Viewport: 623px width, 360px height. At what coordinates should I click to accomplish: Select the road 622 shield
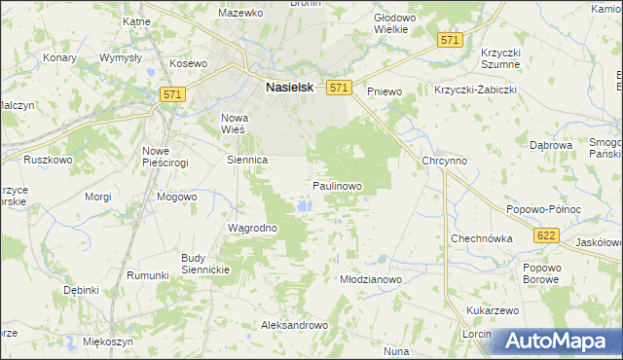(x=545, y=234)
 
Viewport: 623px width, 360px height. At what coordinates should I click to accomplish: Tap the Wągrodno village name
(x=253, y=229)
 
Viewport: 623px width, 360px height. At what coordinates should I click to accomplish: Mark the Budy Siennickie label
(x=204, y=264)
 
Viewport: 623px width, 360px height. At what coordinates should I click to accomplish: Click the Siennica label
(x=247, y=160)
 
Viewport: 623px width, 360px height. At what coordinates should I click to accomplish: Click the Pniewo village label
(x=385, y=90)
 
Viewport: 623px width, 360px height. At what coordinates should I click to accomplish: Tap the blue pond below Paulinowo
(x=306, y=206)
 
